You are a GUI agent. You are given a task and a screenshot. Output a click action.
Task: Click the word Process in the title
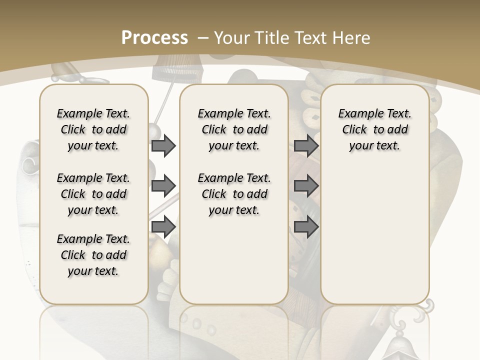pos(154,37)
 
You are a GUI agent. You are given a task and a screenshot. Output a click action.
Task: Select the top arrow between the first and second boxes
pos(163,146)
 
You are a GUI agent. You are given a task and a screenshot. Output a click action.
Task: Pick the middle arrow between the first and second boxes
pos(163,186)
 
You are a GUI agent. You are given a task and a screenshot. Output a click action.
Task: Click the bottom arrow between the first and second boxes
pos(163,227)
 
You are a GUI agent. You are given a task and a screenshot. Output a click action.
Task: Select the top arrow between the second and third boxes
pos(306,146)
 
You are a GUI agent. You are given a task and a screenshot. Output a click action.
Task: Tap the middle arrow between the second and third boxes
pos(306,186)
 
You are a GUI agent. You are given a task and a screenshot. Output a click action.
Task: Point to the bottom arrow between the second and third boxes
pos(306,227)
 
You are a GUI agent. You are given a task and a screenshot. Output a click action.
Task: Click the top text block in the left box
pos(93,129)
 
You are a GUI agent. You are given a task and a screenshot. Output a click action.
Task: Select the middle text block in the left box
pos(93,194)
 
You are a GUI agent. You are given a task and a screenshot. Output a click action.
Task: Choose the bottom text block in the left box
pos(93,255)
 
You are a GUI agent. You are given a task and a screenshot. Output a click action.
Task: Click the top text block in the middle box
pos(234,129)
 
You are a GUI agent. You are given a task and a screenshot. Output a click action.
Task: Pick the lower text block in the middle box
pos(234,194)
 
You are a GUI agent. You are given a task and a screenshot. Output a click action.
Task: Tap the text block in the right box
pos(375,129)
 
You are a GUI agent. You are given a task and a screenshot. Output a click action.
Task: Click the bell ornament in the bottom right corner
pos(400,345)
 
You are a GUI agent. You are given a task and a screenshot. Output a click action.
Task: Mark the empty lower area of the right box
pos(375,235)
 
